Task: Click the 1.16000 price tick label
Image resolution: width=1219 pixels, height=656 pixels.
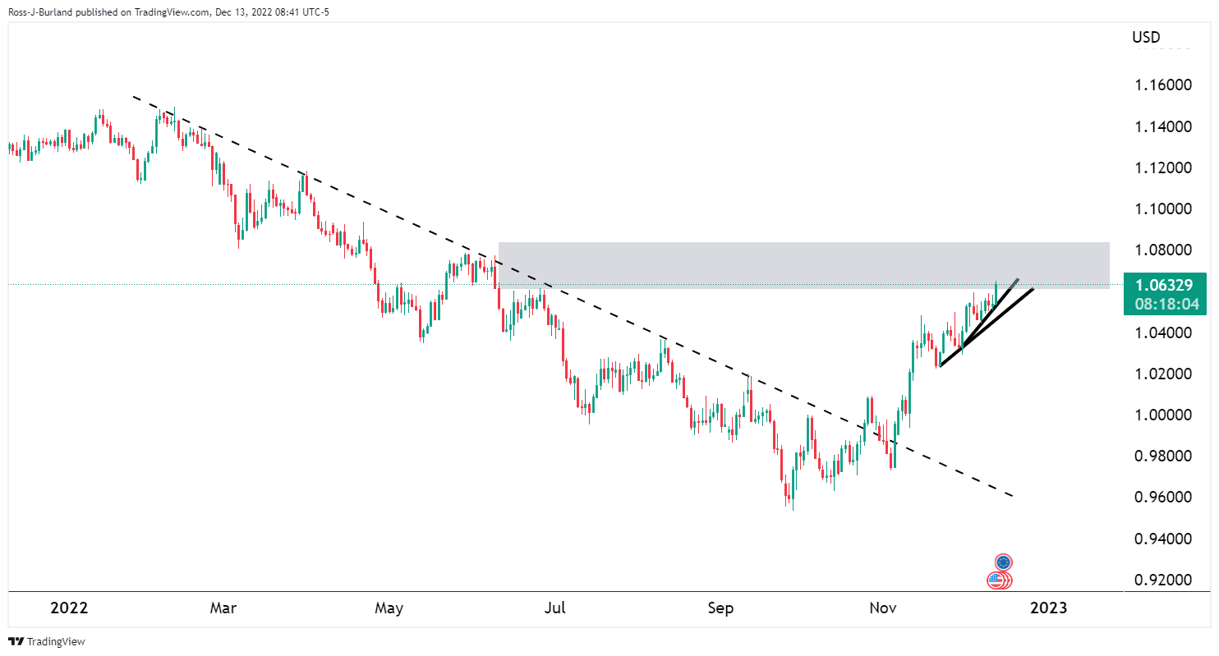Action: [x=1161, y=85]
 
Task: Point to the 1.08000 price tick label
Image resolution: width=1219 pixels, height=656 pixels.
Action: [x=1161, y=250]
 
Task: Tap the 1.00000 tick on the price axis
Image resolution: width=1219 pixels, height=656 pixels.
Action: [x=1161, y=415]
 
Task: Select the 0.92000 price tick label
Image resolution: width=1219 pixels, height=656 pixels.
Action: [x=1161, y=580]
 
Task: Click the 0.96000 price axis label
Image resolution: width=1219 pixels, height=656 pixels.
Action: [x=1161, y=498]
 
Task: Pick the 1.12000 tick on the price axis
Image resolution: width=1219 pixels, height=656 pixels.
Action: [x=1161, y=168]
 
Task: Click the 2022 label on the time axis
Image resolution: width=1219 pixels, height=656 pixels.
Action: [x=69, y=608]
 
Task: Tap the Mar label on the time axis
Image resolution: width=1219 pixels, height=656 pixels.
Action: [x=223, y=608]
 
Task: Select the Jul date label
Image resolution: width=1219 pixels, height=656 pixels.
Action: [x=556, y=608]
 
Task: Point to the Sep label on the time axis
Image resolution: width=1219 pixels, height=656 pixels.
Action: [x=720, y=608]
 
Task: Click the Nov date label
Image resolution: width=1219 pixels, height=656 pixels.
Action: [x=884, y=608]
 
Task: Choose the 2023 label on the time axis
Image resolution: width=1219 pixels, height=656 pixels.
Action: [x=1048, y=608]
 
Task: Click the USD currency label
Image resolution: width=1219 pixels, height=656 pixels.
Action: [x=1148, y=37]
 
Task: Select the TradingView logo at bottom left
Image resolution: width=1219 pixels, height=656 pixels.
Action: [x=47, y=641]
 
